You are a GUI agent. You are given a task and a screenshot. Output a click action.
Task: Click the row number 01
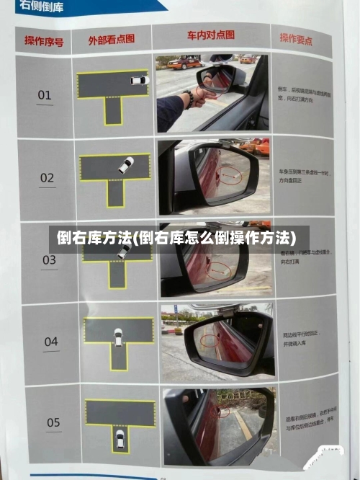point(45,94)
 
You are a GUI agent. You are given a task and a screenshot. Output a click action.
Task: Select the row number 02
point(47,177)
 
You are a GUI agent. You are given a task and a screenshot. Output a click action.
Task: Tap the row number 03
point(49,259)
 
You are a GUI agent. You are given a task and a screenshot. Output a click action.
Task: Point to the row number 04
point(51,342)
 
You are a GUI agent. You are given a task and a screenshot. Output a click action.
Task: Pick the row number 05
point(53,422)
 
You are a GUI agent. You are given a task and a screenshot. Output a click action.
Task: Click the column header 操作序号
point(44,40)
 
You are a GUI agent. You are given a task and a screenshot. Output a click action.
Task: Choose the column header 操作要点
point(296,38)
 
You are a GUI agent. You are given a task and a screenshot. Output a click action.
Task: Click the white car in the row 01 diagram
point(138,80)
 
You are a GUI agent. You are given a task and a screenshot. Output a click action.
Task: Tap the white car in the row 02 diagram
point(126,165)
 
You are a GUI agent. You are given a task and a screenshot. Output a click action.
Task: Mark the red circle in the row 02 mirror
point(230,173)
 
